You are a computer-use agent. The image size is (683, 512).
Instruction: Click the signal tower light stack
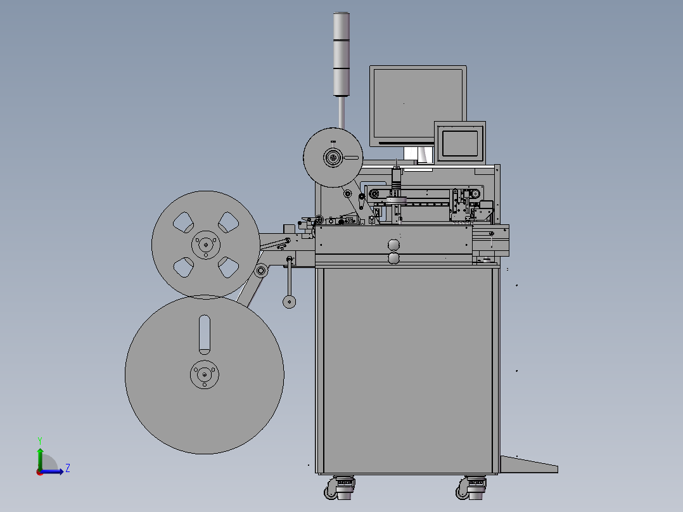coord(341,54)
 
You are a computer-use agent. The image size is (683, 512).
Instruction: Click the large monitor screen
coord(418,105)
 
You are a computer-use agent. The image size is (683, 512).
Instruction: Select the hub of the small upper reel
coord(333,157)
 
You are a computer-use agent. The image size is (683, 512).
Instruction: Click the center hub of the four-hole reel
coord(205,245)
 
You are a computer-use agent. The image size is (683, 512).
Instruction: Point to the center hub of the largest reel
coord(204,374)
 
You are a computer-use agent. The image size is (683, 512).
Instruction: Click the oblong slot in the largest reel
coord(204,335)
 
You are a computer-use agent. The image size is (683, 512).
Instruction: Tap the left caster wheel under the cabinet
coord(340,487)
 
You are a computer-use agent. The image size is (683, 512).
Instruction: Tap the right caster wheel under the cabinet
coord(471,487)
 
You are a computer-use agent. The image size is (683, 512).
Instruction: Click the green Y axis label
coord(40,440)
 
